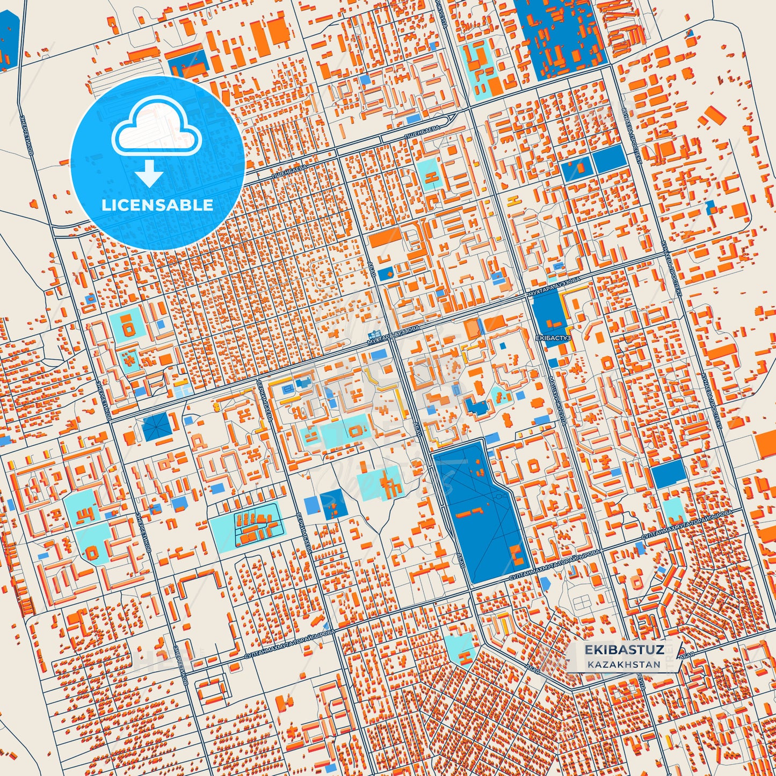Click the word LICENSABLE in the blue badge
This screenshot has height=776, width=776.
tap(157, 205)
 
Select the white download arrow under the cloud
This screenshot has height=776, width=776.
tap(149, 173)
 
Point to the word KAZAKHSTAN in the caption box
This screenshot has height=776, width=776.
tap(623, 664)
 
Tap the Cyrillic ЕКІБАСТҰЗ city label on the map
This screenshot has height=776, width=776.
tap(553, 339)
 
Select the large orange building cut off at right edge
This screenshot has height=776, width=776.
tap(765, 444)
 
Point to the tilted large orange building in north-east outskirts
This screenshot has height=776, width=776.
tap(715, 115)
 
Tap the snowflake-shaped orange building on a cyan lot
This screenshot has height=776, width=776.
tap(129, 359)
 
